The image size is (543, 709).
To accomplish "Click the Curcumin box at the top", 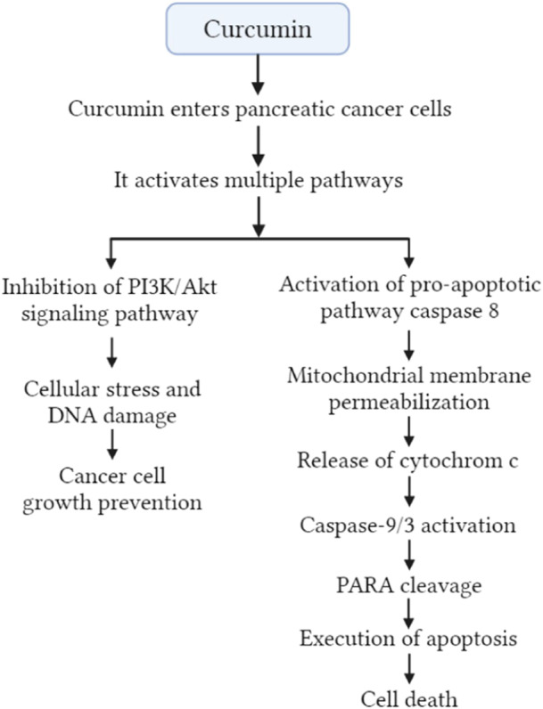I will [257, 29].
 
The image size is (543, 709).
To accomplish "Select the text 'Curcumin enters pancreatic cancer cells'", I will [257, 110].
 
